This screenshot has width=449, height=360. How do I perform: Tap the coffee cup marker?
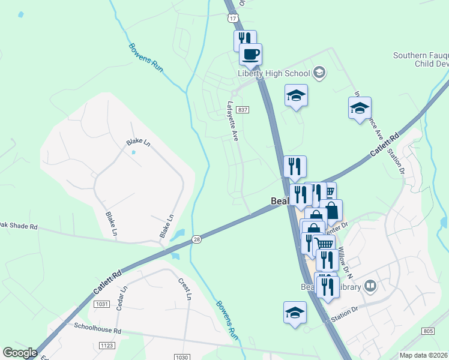click(250, 54)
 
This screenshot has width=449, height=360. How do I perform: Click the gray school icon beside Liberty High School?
click(319, 73)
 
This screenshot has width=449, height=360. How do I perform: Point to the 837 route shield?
click(243, 110)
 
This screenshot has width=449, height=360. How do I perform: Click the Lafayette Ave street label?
click(233, 121)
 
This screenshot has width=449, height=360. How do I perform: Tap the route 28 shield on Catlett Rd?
click(197, 239)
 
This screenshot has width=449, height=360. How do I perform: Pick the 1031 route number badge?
click(101, 305)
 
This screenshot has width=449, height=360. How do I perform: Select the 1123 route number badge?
click(107, 346)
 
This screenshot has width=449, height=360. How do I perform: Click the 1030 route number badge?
click(182, 357)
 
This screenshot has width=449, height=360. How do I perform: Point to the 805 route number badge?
click(428, 331)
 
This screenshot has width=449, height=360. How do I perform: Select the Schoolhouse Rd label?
click(98, 330)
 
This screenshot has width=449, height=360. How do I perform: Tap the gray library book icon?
click(371, 286)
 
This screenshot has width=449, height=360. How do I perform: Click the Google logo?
click(20, 353)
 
